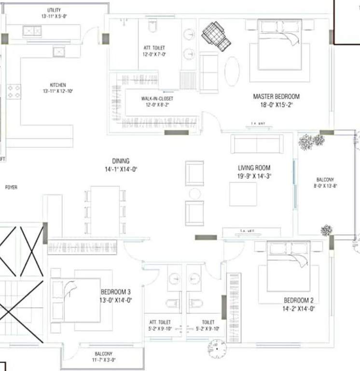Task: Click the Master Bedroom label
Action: click(276, 96)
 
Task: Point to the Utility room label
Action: click(54, 10)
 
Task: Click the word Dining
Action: click(121, 161)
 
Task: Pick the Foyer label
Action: click(11, 187)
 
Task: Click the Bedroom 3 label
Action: click(115, 292)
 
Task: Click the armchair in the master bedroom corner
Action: click(216, 35)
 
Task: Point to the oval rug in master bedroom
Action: click(232, 71)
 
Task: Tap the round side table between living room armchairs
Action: click(194, 194)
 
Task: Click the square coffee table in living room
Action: click(243, 194)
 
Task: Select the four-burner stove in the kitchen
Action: click(14, 91)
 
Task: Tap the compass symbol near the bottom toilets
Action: click(218, 347)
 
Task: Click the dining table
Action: click(105, 211)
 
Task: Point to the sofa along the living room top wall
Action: click(257, 144)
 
